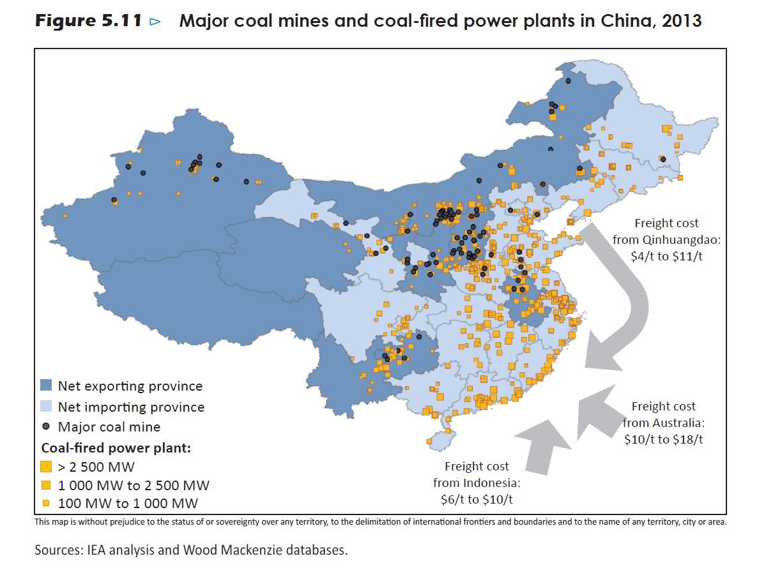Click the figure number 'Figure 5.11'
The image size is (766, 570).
(88, 21)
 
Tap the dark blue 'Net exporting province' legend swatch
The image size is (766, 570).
(46, 386)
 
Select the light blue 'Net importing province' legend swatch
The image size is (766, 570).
(46, 407)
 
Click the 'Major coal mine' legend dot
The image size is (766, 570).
(46, 426)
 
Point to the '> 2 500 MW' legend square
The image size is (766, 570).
(46, 467)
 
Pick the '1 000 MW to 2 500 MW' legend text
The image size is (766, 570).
(134, 485)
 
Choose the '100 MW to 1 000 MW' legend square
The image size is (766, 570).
(46, 504)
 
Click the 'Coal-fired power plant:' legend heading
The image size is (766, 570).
(116, 447)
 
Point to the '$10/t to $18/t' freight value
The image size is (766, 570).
(664, 439)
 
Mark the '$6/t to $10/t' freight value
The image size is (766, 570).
(477, 499)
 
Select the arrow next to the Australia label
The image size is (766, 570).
(597, 412)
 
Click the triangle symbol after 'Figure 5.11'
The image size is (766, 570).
(155, 22)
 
